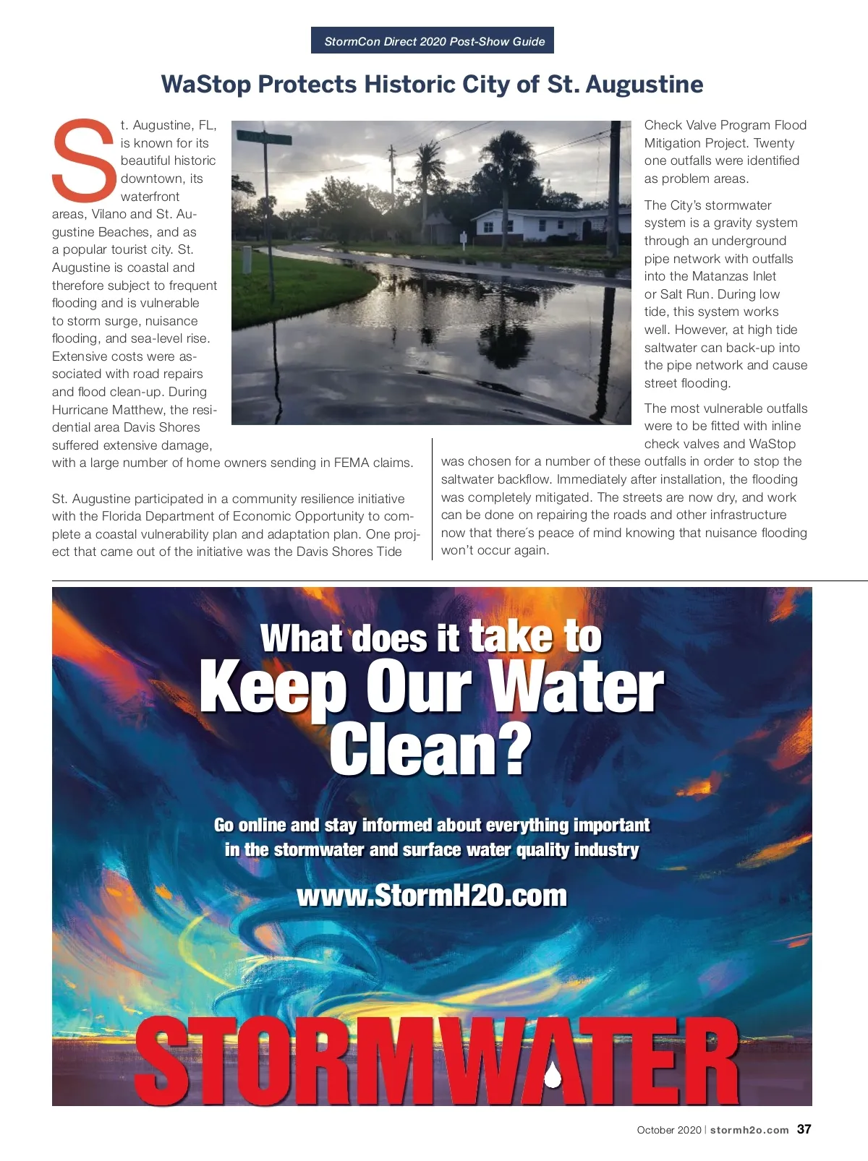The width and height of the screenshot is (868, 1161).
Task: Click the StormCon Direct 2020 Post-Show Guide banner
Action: (433, 41)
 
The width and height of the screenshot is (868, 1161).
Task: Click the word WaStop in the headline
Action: (206, 85)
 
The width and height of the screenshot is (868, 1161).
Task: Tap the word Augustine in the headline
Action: (644, 85)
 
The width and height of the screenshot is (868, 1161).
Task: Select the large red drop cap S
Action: (83, 160)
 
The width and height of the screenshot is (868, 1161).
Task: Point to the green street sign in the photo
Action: (264, 138)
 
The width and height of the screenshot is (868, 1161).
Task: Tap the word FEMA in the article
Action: (352, 463)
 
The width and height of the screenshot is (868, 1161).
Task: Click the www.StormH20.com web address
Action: (432, 896)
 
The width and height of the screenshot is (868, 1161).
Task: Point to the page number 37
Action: (804, 1129)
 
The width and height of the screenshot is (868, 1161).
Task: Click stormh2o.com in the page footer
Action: (749, 1130)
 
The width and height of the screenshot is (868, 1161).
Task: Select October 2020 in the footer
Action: (668, 1130)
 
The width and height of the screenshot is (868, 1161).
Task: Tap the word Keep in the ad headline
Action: (273, 687)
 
